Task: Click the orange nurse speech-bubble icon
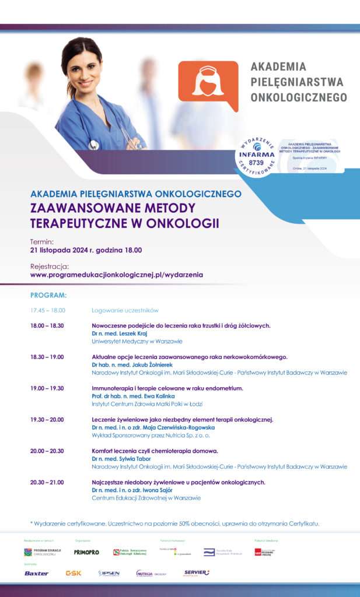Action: click(x=208, y=85)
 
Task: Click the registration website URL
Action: click(x=117, y=274)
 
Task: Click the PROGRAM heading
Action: click(x=48, y=296)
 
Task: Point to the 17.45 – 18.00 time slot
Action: click(x=48, y=311)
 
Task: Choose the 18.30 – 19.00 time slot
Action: click(x=47, y=357)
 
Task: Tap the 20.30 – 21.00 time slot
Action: click(x=47, y=482)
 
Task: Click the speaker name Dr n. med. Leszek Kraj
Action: click(x=120, y=333)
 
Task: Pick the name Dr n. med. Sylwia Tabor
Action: click(x=121, y=459)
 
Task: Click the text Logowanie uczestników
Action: click(x=125, y=311)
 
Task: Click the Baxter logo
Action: click(x=36, y=573)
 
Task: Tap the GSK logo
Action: click(x=74, y=573)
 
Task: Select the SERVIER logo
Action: click(x=196, y=573)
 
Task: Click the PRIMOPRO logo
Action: click(x=86, y=552)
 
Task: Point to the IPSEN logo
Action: click(x=109, y=573)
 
